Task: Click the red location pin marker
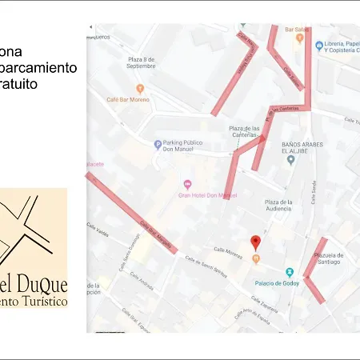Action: [x=255, y=242]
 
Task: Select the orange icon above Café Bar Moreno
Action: [x=140, y=89]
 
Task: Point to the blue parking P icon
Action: [x=158, y=145]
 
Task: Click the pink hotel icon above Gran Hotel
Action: [x=187, y=184]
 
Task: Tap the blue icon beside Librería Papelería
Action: [x=319, y=45]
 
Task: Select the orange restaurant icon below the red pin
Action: [x=255, y=258]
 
